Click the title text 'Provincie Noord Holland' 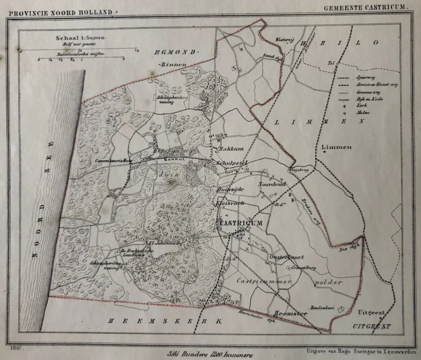click(x=61, y=13)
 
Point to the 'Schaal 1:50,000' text click(x=81, y=38)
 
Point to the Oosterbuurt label click(x=286, y=257)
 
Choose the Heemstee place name click(x=282, y=312)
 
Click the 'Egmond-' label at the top click(x=177, y=52)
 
